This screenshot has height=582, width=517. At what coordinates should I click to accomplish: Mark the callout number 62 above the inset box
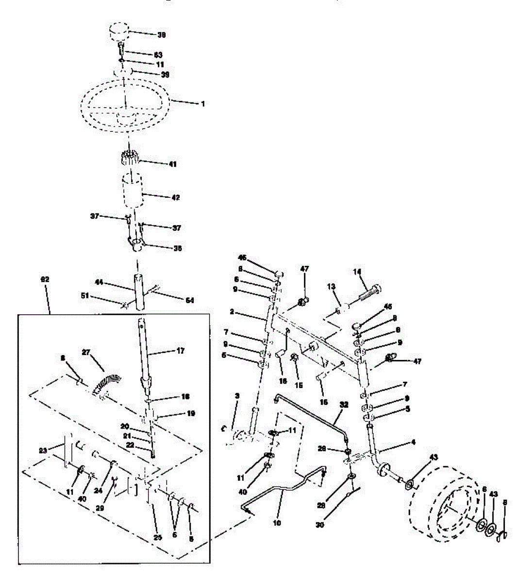pyautogui.click(x=45, y=279)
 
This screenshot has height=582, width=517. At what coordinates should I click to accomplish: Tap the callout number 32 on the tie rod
pyautogui.click(x=344, y=403)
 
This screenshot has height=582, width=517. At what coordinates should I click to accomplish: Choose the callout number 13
pyautogui.click(x=332, y=287)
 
